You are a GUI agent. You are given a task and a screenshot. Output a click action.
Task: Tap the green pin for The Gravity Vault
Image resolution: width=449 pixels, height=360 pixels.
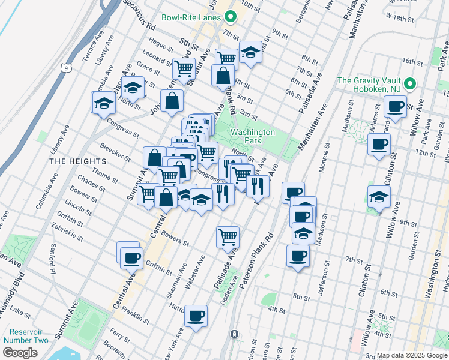(x=410, y=83)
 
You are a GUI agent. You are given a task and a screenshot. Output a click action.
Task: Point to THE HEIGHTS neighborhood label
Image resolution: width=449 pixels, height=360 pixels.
(x=78, y=161)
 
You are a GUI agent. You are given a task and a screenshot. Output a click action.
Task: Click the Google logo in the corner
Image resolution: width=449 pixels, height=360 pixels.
(x=20, y=353)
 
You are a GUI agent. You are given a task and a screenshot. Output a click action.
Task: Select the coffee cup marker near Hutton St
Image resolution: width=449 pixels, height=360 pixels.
(x=196, y=316)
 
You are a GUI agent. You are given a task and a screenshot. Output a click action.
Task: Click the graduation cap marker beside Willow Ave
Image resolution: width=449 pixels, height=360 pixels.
(x=379, y=196)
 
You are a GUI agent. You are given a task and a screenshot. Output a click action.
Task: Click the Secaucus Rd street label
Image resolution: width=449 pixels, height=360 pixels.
(x=139, y=15)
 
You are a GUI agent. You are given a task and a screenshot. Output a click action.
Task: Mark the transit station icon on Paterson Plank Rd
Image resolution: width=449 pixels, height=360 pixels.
(x=235, y=334)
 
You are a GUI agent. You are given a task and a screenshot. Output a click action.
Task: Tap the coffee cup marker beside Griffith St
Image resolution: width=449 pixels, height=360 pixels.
(x=131, y=259)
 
